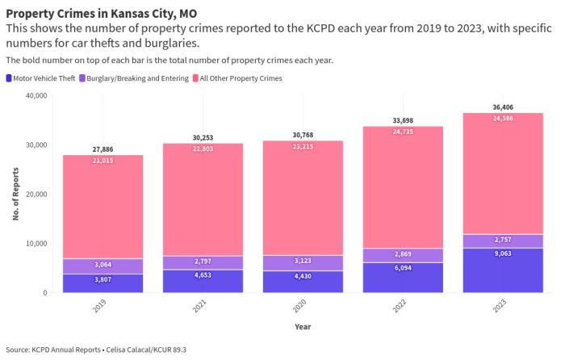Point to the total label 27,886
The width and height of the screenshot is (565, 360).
coord(103,150)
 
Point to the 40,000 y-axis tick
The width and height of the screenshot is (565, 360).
coord(36,96)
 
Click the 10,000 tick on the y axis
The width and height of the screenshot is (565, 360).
coord(36,244)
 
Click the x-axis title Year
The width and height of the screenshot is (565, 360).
coord(302,328)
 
